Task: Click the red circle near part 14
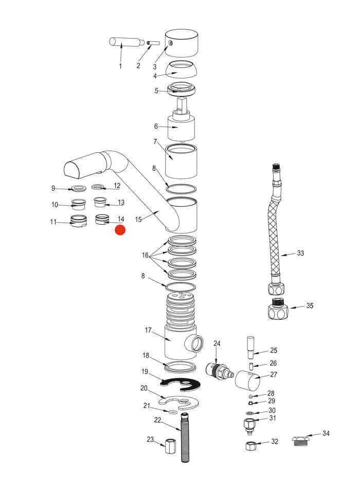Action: coord(120,230)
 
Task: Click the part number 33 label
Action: coord(300,253)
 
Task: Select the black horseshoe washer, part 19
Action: coord(181,384)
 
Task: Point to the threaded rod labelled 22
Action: coord(185,437)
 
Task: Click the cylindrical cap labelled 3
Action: coord(181,43)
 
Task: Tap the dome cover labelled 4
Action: coord(181,69)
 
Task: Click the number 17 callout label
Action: coord(148,330)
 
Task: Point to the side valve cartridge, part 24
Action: coord(220,371)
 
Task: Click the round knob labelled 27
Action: coord(247,381)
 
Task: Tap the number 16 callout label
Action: coord(145,256)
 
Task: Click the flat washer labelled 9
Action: coord(79,188)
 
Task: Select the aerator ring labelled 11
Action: coord(79,221)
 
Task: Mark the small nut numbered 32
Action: coord(251,446)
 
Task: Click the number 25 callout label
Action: coord(274,350)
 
